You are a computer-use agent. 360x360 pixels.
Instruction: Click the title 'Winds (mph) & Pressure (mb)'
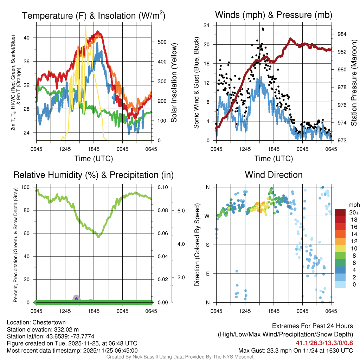pyautogui.click(x=274, y=15)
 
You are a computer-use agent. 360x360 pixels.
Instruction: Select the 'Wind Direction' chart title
pyautogui.click(x=274, y=174)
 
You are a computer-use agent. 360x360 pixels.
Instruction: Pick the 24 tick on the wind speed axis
pyautogui.click(x=207, y=25)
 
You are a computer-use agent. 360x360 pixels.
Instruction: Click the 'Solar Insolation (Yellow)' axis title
pyautogui.click(x=174, y=83)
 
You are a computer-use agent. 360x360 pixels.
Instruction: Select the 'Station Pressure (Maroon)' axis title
pyautogui.click(x=354, y=83)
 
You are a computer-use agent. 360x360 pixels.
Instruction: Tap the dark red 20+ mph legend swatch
pyautogui.click(x=341, y=212)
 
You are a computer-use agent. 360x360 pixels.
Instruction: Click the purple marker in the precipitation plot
pyautogui.click(x=76, y=298)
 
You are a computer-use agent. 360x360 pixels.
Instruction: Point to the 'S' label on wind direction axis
pyautogui.click(x=207, y=245)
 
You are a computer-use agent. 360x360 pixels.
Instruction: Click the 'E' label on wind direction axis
pyautogui.click(x=207, y=274)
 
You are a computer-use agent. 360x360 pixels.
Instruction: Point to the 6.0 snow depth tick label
pyautogui.click(x=180, y=211)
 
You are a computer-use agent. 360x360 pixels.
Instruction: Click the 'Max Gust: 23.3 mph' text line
pyautogui.click(x=295, y=350)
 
